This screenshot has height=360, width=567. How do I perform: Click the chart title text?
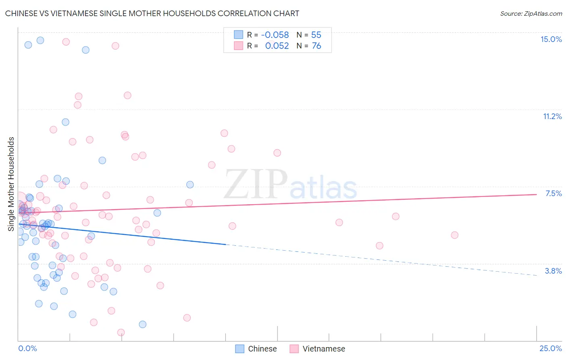[x=152, y=13]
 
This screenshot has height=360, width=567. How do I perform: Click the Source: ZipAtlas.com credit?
[x=531, y=13]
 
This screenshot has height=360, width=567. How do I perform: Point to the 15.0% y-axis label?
[x=551, y=39]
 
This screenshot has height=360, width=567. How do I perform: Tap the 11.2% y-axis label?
[x=552, y=116]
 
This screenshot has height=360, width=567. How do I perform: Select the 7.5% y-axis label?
[x=553, y=193]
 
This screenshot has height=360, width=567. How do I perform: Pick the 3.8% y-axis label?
[x=553, y=271]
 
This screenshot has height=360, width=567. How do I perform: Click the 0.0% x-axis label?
[x=27, y=348]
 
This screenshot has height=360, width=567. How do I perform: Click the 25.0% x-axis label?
[x=550, y=348]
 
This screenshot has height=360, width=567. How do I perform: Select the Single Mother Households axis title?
[x=11, y=184]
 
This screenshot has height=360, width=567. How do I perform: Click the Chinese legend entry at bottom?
[x=262, y=349]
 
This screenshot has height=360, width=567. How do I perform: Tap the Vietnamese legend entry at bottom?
[x=323, y=349]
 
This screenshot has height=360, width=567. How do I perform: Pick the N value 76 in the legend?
[x=316, y=46]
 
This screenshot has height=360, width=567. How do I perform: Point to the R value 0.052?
[x=277, y=46]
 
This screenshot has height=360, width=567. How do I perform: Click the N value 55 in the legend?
[x=316, y=35]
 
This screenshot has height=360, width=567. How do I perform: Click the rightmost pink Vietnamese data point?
[x=454, y=235]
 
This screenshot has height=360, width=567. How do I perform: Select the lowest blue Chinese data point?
[x=142, y=324]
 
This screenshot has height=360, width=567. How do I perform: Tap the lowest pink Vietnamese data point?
[x=121, y=332]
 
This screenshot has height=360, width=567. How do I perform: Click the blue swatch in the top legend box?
[x=239, y=35]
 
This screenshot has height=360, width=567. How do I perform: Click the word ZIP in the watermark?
[x=256, y=184]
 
